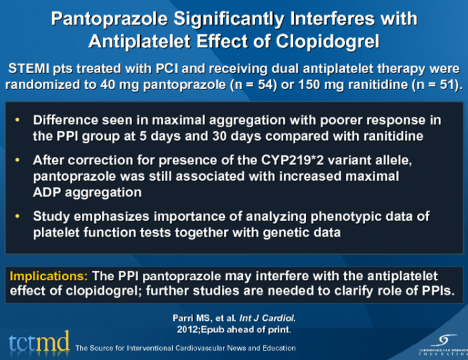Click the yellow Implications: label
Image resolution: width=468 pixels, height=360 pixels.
(x=48, y=276)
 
